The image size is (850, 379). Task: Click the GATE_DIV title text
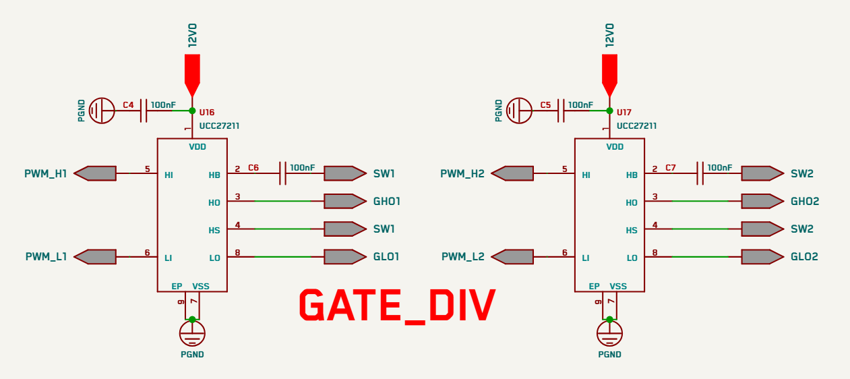[x=397, y=305]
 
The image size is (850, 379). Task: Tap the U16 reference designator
[x=207, y=113]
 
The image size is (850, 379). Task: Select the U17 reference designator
[x=624, y=113]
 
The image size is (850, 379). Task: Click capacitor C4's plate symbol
[x=144, y=111]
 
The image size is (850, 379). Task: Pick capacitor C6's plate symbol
[x=282, y=173]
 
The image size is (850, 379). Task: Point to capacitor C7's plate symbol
[x=700, y=173]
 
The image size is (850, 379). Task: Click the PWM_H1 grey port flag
[x=95, y=173]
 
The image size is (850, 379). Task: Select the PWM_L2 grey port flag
[x=512, y=257]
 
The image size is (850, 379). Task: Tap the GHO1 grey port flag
[x=345, y=201]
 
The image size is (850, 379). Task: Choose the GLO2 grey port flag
[x=763, y=257]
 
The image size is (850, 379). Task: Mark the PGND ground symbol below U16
[x=192, y=333]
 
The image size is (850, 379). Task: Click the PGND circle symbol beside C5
[x=519, y=111]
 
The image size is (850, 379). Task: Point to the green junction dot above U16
[x=192, y=111]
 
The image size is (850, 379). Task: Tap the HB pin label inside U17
[x=632, y=175]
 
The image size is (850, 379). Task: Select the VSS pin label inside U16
[x=201, y=287]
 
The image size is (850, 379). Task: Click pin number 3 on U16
[x=237, y=197]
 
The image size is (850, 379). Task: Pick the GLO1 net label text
[x=386, y=257]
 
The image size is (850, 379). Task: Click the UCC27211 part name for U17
[x=637, y=126]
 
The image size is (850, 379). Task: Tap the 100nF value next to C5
[x=580, y=105]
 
